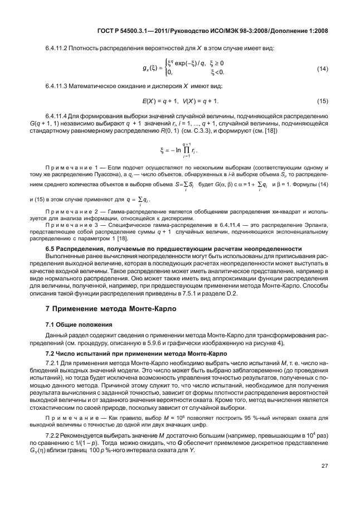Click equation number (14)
click(322, 69)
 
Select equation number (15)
click(322, 101)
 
